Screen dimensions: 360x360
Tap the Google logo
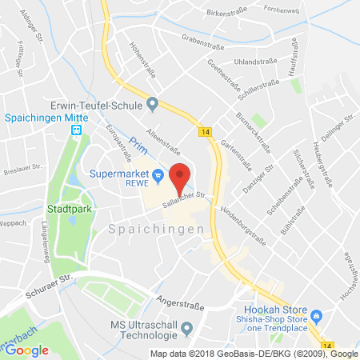click(x=26, y=350)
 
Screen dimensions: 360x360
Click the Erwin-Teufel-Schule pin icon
click(x=152, y=104)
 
